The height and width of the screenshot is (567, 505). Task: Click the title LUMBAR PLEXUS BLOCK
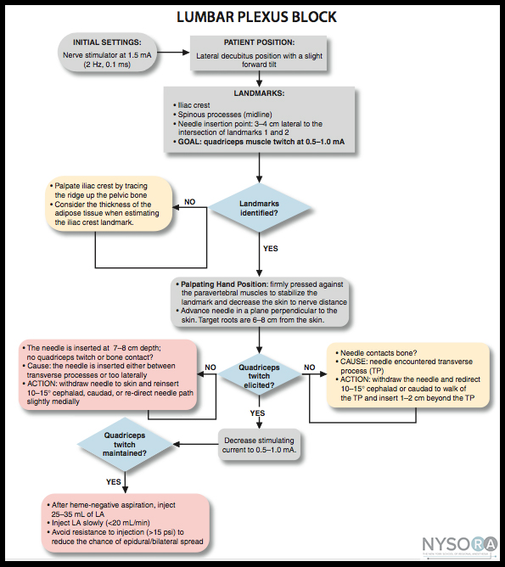[x=256, y=17]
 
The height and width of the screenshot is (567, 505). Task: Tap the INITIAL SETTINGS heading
[x=107, y=42]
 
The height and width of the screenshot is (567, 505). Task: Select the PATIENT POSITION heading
[x=259, y=42]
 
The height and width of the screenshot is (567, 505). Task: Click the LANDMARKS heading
[x=259, y=93]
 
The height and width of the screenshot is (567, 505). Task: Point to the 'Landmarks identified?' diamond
[x=259, y=208]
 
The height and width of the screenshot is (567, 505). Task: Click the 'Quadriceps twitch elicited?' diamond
[x=259, y=376]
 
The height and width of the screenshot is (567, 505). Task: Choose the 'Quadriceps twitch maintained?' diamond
[x=125, y=445]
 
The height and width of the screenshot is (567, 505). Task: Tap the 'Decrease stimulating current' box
[x=259, y=445]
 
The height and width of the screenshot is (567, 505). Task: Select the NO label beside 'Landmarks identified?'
[x=190, y=202]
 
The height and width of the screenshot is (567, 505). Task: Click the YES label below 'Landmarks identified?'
[x=271, y=249]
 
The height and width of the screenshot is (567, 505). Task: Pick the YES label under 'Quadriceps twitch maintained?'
[x=114, y=481]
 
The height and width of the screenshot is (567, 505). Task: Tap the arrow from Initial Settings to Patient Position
[x=173, y=53]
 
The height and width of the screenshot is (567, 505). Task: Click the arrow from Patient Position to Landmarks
[x=259, y=78]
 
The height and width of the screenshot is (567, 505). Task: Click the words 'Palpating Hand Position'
[x=224, y=284]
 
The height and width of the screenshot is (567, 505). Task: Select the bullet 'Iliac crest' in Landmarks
[x=191, y=105]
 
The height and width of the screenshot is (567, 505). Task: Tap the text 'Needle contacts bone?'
[x=376, y=353]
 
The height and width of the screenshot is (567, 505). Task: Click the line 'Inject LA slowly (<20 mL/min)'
[x=98, y=523]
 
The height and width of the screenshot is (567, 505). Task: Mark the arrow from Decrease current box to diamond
[x=195, y=445]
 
